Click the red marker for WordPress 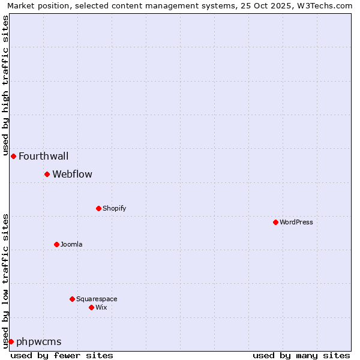click(275, 222)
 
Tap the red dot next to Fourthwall click(13, 156)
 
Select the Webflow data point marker click(47, 174)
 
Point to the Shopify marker click(98, 208)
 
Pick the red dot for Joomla click(56, 244)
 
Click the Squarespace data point click(72, 299)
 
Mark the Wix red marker click(91, 307)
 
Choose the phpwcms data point click(11, 341)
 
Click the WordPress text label click(296, 222)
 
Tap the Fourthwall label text click(43, 156)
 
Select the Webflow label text click(72, 174)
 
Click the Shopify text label click(114, 208)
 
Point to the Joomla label click(71, 244)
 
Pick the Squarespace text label click(97, 299)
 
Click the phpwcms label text click(38, 341)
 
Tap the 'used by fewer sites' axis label click(62, 355)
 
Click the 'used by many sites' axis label click(301, 355)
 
